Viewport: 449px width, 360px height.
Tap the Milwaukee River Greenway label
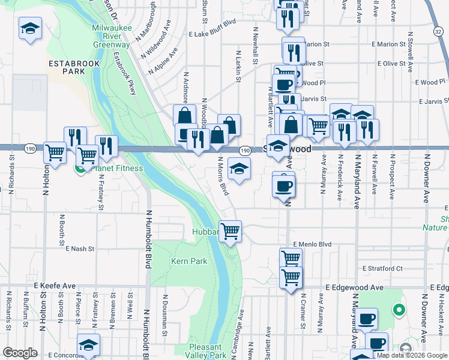[x=111, y=36]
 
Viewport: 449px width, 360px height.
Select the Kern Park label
[x=189, y=262]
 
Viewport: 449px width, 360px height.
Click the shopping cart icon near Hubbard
[x=230, y=231]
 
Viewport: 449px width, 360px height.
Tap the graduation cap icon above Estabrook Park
[x=29, y=28]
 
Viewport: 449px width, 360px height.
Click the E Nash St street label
[x=80, y=248]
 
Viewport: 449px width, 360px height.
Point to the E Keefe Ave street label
[x=55, y=286]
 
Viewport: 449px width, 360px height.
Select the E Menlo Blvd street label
[x=312, y=244]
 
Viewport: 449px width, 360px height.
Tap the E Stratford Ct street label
[x=382, y=268]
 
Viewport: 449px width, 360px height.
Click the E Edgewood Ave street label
[x=354, y=288]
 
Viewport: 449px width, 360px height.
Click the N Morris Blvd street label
[x=222, y=176]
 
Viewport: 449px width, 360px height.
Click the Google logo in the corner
[x=21, y=353]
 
